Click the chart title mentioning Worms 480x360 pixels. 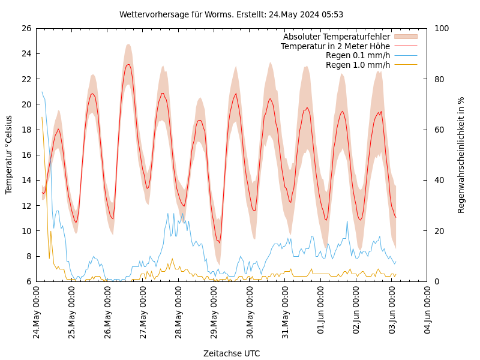231,14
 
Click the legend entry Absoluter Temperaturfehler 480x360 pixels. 336,37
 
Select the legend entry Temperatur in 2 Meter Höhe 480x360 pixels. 335,46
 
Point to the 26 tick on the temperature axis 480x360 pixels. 26,28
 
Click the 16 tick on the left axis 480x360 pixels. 26,155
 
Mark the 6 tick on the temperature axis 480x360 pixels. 28,281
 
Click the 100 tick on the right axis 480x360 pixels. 442,28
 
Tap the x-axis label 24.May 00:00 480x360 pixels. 37,312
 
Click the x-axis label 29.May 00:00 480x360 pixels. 214,312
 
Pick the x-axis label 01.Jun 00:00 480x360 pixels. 321,312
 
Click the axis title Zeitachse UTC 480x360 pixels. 231,353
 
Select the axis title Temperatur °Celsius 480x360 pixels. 9,155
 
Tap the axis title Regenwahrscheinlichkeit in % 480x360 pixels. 461,155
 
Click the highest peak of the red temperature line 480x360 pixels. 128,64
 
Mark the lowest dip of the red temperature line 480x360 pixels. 219,242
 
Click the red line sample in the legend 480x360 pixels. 405,46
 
